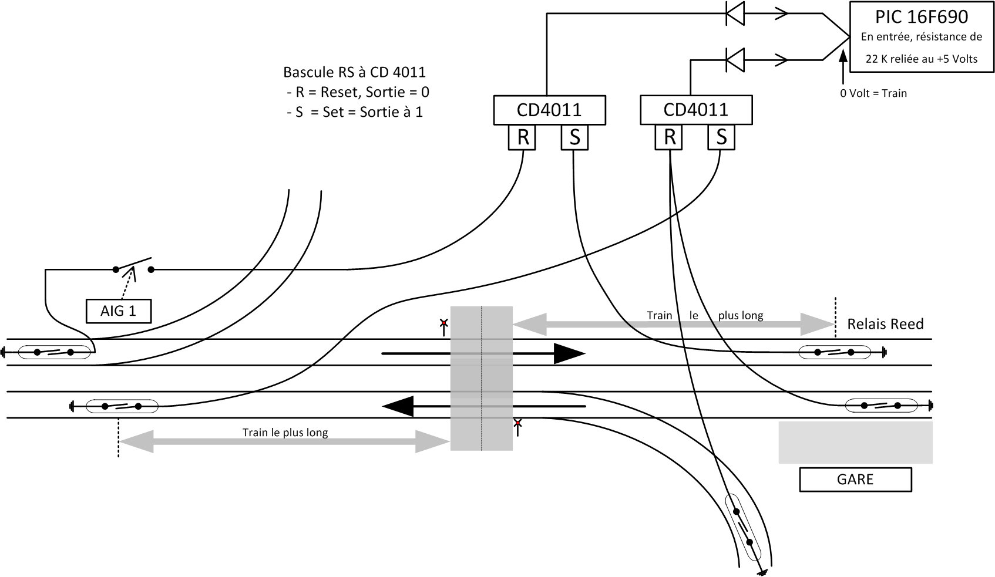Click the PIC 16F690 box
(921, 36)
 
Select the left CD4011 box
(549, 110)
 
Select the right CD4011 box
(695, 110)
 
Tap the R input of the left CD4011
(522, 138)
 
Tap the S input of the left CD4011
(574, 138)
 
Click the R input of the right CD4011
(669, 138)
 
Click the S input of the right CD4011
(721, 138)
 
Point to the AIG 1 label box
(118, 311)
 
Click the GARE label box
(855, 480)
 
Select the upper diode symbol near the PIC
(735, 14)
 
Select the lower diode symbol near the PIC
(735, 59)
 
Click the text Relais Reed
(885, 324)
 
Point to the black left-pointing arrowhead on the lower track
(399, 406)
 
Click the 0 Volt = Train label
(873, 93)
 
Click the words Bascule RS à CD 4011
(354, 73)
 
